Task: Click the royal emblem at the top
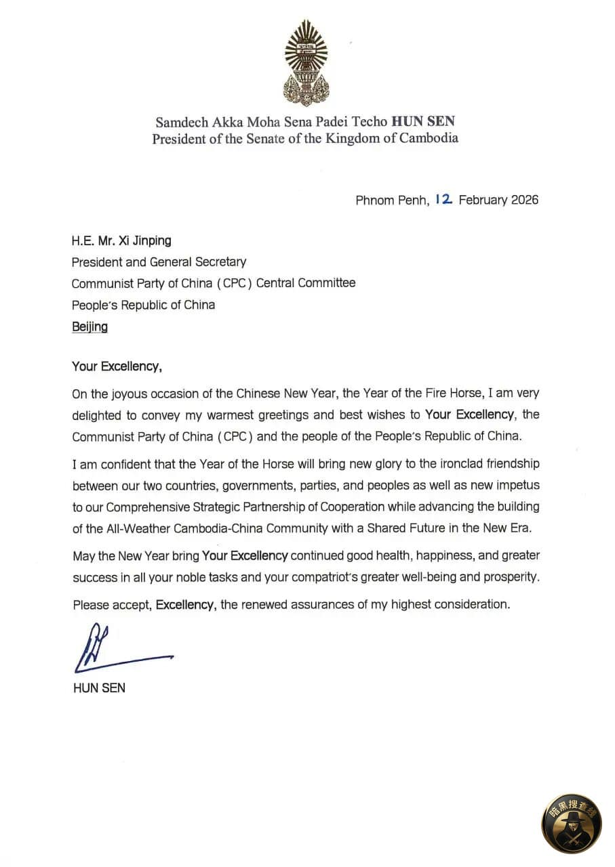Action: tap(306, 63)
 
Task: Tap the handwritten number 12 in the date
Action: tap(444, 199)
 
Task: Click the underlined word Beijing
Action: tap(90, 326)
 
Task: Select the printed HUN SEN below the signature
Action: tap(99, 688)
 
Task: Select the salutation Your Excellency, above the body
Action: tap(117, 366)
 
